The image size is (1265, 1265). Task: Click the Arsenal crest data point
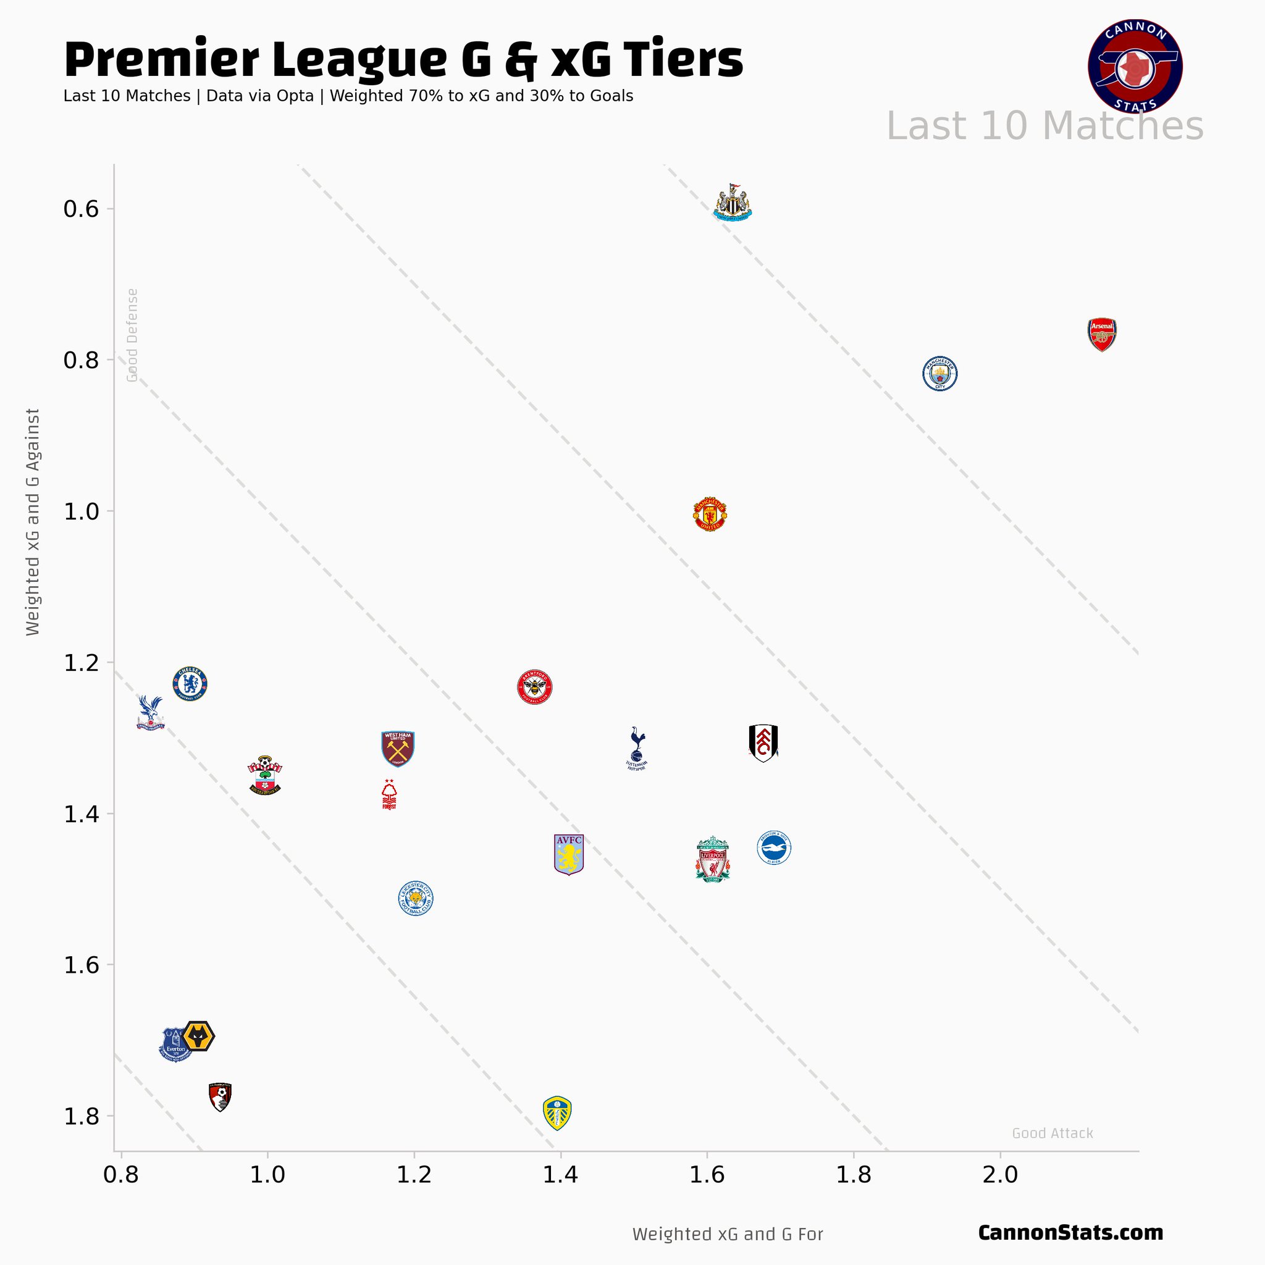[x=1102, y=335]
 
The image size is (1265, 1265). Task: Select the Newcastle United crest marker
[x=732, y=203]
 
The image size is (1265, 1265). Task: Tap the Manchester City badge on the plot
[x=939, y=374]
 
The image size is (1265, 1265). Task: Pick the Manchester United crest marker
[x=710, y=514]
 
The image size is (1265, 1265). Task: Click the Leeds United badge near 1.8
[x=557, y=1113]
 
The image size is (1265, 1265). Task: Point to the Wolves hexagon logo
[x=198, y=1036]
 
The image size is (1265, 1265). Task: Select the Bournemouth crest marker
[x=220, y=1097]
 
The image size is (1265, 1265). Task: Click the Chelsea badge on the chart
[x=190, y=684]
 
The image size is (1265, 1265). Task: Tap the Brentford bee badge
[x=535, y=687]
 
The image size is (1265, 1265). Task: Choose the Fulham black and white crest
[x=763, y=743]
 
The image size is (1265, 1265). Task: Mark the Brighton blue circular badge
[x=774, y=849]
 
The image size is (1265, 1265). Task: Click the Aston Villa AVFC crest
[x=568, y=854]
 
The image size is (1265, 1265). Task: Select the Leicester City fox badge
[x=416, y=898]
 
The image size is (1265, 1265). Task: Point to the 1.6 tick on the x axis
[x=707, y=1175]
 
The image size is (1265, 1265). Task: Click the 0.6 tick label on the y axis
[x=80, y=209]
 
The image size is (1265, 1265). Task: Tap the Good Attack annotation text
[x=1052, y=1133]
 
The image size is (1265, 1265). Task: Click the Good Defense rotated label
[x=132, y=335]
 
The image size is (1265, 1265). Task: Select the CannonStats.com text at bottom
[x=1070, y=1233]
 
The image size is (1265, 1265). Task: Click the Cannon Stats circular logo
[x=1135, y=66]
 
